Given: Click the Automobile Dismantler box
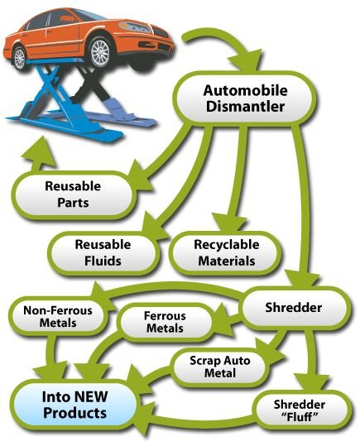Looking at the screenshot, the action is pos(246,98).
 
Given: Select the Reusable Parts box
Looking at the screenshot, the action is pos(74,194).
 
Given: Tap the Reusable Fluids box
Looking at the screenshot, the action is pos(103,253).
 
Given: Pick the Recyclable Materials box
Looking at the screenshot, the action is pos(226,253).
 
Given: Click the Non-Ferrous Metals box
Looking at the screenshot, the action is pos(58,316).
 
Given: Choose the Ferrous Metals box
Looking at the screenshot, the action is pos(165,322).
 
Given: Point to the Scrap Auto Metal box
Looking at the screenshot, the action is pos(219,367).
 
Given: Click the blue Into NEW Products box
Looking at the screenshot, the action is pos(74,405).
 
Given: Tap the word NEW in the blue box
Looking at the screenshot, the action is pos(91,396).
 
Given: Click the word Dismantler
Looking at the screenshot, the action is pos(245,107).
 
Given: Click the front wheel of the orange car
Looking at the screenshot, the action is pos(99,52).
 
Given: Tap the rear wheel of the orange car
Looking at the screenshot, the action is pos(20,58).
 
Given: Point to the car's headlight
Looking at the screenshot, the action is pos(134,26).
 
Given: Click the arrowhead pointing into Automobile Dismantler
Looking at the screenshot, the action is pos(245,61).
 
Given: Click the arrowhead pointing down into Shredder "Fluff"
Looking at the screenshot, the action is pos(312,382).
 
